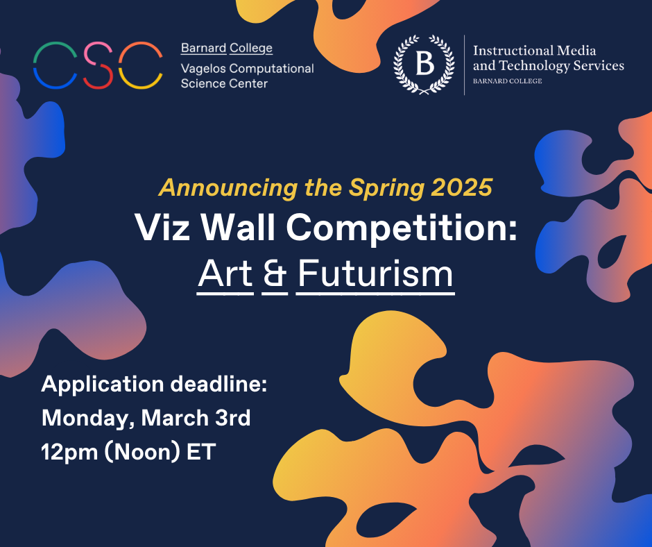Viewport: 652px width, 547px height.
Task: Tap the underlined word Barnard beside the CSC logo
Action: pyautogui.click(x=203, y=48)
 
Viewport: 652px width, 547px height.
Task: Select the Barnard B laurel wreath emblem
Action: pyautogui.click(x=424, y=65)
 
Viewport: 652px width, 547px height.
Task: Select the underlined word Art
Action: pyautogui.click(x=225, y=274)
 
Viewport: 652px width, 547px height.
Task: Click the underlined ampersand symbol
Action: pyautogui.click(x=275, y=274)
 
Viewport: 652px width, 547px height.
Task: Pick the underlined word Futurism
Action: pyautogui.click(x=375, y=274)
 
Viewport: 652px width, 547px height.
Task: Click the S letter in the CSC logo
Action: pyautogui.click(x=98, y=65)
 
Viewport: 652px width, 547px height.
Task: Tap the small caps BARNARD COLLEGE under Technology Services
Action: pyautogui.click(x=507, y=81)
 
